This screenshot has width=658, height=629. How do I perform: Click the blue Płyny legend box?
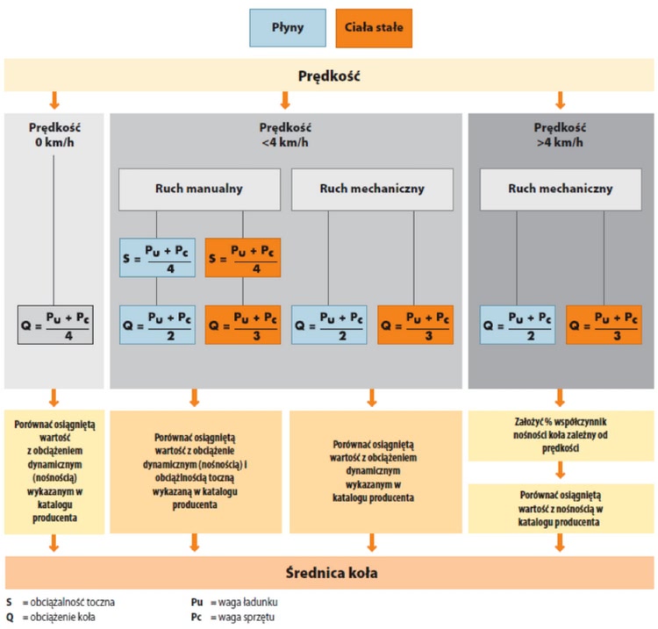288,28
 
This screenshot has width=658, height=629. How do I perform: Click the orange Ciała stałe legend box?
374,28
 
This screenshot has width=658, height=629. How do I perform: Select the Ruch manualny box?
199,189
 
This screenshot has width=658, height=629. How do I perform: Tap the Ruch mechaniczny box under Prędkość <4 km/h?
372,189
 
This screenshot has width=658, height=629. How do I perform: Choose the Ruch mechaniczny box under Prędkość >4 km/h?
561,189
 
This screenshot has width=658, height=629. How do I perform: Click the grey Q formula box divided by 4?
55,325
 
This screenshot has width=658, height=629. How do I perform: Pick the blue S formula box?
157,258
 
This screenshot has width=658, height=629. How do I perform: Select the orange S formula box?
243,258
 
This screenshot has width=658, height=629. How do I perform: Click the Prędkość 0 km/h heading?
54,135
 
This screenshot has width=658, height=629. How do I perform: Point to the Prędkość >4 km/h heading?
560,135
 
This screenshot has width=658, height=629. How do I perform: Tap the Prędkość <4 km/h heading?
285,135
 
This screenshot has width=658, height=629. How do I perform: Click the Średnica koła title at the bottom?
332,573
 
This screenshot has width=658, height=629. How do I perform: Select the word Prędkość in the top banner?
329,76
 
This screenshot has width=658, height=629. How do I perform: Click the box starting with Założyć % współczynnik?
561,435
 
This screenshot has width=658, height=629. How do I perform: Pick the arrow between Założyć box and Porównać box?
561,470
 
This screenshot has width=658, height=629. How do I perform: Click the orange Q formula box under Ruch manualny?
243,325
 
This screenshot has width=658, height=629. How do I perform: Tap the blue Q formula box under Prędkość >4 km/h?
518,325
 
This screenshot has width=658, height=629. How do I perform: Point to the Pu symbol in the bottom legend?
197,602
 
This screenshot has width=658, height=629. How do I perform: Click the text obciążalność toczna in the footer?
72,603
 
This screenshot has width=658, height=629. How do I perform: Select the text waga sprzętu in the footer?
247,618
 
